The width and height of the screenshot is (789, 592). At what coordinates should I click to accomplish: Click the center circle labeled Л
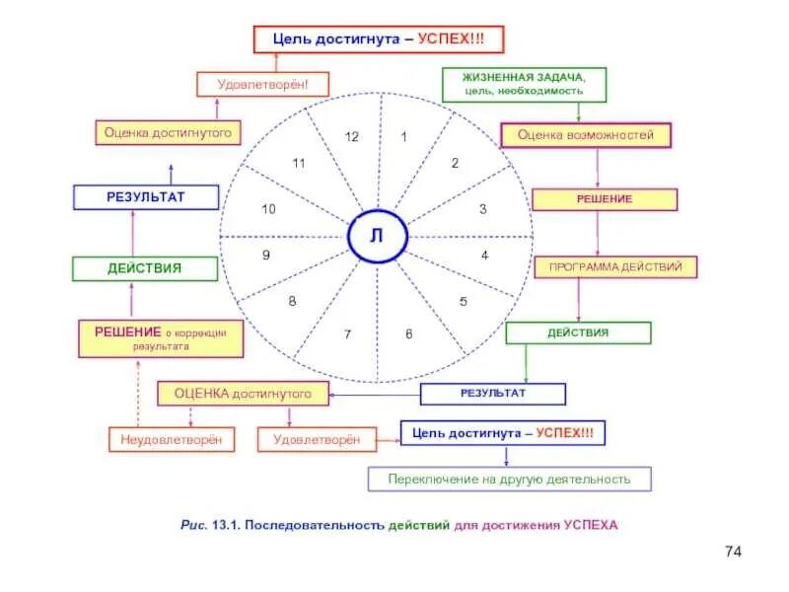(376, 237)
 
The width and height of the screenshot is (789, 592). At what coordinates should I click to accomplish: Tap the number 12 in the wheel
(351, 137)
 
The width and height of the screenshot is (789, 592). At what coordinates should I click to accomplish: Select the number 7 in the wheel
(347, 335)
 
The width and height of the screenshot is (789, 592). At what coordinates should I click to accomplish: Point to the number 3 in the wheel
(482, 209)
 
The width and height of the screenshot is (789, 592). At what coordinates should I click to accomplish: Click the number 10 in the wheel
(268, 209)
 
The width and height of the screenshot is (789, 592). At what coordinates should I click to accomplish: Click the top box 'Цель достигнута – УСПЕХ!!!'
(380, 39)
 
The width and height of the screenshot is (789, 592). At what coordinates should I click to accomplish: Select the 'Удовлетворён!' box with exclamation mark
(262, 84)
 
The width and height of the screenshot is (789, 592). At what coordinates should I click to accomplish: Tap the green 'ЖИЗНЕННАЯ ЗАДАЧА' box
(525, 84)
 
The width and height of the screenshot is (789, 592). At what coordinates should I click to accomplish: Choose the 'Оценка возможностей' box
(586, 135)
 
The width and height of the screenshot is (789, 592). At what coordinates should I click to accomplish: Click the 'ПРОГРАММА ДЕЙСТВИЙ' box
(616, 266)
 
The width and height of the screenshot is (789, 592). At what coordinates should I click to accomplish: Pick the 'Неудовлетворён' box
(172, 440)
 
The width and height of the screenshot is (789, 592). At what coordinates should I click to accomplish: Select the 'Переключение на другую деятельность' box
(509, 480)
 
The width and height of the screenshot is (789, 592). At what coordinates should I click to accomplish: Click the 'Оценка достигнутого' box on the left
(168, 132)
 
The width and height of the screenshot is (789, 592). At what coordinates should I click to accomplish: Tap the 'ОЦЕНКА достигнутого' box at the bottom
(243, 394)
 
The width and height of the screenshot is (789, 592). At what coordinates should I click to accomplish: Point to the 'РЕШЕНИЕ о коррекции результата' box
(161, 338)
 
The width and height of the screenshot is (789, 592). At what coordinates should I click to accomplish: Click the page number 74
(732, 551)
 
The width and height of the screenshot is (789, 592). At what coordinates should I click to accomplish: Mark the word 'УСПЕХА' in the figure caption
(591, 525)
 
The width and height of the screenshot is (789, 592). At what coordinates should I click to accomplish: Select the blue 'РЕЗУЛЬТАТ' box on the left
(145, 197)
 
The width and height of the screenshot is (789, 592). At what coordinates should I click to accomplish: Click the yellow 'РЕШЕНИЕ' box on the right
(605, 199)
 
